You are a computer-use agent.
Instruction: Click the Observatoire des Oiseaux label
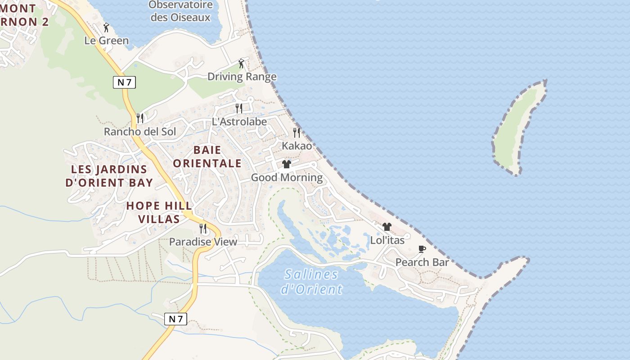(x=180, y=11)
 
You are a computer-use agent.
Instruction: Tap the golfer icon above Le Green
(x=106, y=28)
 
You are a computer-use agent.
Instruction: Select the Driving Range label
(x=242, y=76)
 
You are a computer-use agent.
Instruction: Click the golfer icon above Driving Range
(x=241, y=63)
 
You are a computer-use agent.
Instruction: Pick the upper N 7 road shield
(x=124, y=82)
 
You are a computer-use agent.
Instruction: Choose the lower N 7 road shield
(x=175, y=319)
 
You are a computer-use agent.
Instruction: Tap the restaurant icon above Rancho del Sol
(x=140, y=118)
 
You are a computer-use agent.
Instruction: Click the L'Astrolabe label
(x=239, y=121)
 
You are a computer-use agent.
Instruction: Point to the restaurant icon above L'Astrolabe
(x=239, y=108)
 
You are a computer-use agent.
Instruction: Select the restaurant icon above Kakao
(x=297, y=132)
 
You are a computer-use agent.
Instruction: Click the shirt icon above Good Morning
(x=287, y=164)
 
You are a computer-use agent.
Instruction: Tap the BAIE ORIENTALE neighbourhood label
(x=207, y=156)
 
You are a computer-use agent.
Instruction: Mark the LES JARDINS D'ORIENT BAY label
(x=109, y=175)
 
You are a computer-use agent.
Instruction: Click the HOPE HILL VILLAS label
(x=159, y=212)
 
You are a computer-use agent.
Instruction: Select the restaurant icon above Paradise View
(x=203, y=229)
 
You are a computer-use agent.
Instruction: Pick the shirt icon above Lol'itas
(x=387, y=227)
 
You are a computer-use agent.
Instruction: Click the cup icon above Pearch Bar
(x=422, y=249)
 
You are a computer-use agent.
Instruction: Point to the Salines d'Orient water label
(x=311, y=281)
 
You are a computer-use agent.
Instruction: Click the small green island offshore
(x=517, y=128)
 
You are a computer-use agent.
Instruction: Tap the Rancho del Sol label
(x=140, y=132)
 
